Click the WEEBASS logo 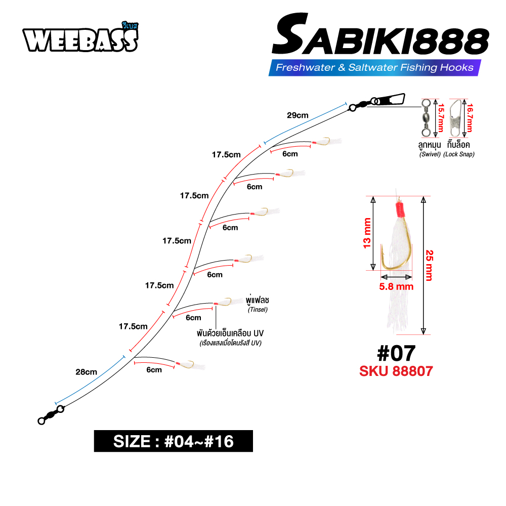click(80, 37)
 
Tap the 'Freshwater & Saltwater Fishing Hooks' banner click(374, 67)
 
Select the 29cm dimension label click(298, 115)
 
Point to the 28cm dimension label click(86, 372)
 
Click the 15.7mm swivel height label click(441, 118)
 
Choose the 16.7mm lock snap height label click(470, 118)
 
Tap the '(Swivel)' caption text click(430, 154)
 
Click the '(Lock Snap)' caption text click(458, 154)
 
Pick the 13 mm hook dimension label click(367, 233)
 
